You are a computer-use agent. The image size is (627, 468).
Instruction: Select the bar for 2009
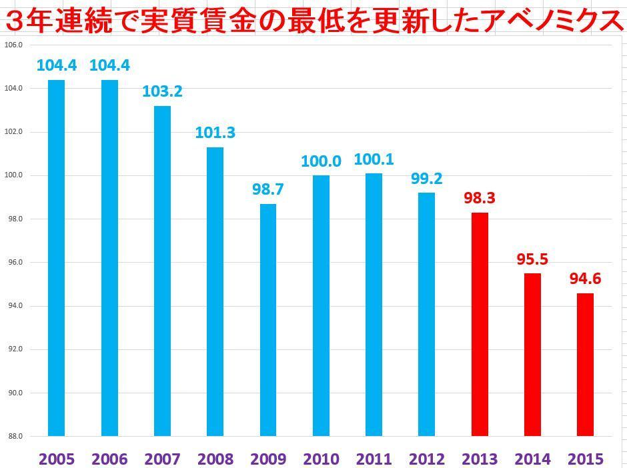(x=268, y=320)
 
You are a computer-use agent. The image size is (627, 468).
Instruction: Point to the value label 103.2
(x=162, y=91)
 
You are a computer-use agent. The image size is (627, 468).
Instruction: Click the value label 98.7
(x=268, y=189)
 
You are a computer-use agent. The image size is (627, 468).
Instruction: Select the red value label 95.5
(x=533, y=259)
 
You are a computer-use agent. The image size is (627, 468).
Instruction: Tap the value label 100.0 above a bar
(x=321, y=161)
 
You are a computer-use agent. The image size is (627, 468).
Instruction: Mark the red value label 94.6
(x=585, y=279)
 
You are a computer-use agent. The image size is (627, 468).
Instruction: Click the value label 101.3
(x=215, y=133)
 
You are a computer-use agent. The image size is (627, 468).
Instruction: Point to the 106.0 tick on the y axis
(x=13, y=45)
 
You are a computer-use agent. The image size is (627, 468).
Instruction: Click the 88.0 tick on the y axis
(x=13, y=436)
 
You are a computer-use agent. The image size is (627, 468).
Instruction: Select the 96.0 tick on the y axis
(x=13, y=262)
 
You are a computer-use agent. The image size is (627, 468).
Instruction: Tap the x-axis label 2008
(x=215, y=459)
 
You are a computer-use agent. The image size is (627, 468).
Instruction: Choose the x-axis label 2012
(x=427, y=459)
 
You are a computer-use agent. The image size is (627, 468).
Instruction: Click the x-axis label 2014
(x=533, y=459)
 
